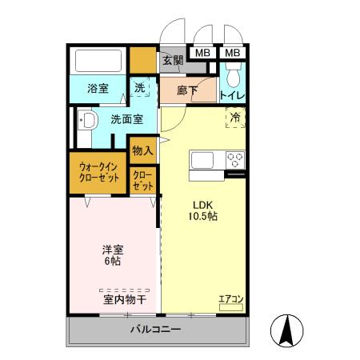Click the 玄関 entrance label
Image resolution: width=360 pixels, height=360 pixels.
(x=173, y=60)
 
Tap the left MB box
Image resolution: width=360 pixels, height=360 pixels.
(x=202, y=53)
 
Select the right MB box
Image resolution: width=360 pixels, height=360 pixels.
(x=232, y=53)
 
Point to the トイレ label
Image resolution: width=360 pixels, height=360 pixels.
(x=232, y=95)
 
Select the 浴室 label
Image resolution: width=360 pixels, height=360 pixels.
(x=98, y=89)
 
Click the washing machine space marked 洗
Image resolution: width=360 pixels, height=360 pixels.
(x=140, y=88)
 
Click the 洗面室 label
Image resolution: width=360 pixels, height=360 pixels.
(x=126, y=120)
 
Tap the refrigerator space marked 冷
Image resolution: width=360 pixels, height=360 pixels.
(x=235, y=118)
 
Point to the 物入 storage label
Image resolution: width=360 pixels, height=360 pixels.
(x=142, y=150)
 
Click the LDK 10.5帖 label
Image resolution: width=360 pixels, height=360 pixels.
(x=203, y=209)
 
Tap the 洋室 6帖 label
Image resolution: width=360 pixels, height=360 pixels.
(x=113, y=255)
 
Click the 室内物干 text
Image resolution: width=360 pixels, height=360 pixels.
(x=124, y=299)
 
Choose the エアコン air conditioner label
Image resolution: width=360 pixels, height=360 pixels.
(x=231, y=300)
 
